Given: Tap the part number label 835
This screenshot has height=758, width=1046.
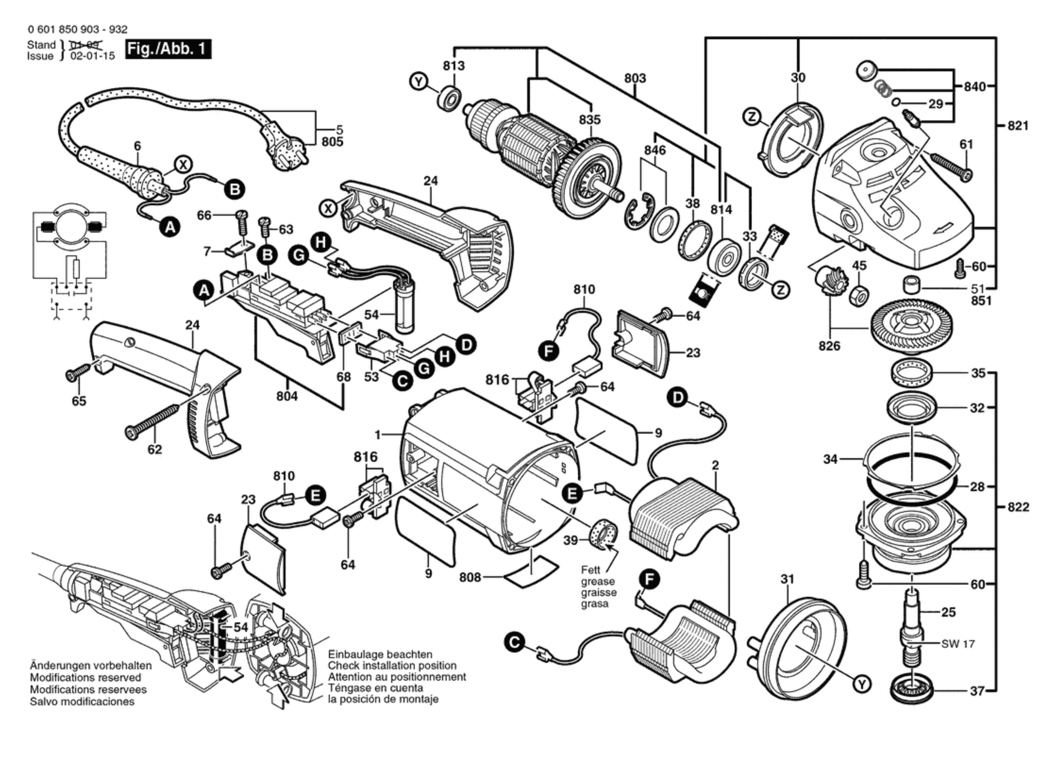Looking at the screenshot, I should pyautogui.click(x=590, y=120).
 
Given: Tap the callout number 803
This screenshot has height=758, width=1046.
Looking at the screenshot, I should pyautogui.click(x=635, y=78).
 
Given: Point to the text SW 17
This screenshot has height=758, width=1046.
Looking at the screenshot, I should pyautogui.click(x=958, y=644).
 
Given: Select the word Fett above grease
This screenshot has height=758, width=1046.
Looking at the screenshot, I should pyautogui.click(x=591, y=570).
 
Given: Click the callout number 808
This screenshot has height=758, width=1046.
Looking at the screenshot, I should pyautogui.click(x=470, y=577).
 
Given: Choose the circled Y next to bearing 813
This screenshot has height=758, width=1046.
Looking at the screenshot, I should pyautogui.click(x=418, y=82).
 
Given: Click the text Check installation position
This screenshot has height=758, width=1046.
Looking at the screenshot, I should pyautogui.click(x=392, y=665).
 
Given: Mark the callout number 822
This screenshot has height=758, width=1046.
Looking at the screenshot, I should pyautogui.click(x=1018, y=507).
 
